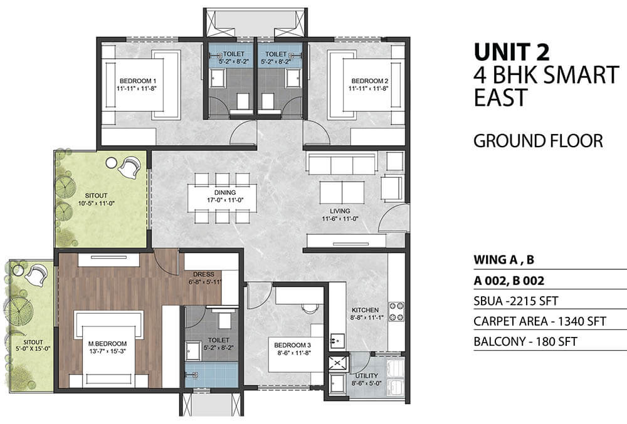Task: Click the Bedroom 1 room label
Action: [135, 81]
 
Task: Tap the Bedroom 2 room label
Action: [369, 81]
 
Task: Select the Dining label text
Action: [224, 192]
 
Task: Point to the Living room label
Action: [340, 211]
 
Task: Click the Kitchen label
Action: [365, 310]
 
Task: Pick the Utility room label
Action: [366, 376]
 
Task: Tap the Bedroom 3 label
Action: [292, 345]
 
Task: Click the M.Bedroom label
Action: [108, 344]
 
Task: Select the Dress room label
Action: [204, 274]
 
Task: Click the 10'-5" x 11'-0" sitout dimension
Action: [97, 203]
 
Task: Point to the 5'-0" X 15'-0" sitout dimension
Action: [33, 349]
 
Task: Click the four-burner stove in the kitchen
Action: [397, 311]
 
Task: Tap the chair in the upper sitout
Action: [130, 168]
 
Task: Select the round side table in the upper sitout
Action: [111, 162]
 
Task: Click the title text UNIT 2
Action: [512, 52]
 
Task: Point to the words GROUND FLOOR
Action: [538, 141]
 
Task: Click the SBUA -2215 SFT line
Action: [516, 301]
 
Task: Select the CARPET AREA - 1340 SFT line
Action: [540, 321]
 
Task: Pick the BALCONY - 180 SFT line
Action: [525, 341]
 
